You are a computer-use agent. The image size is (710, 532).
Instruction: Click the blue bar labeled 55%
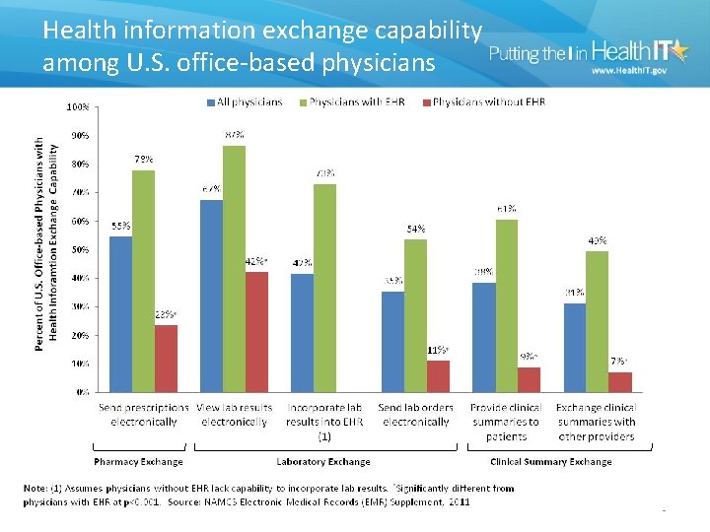click(120, 313)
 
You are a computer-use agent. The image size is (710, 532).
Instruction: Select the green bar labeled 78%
click(143, 281)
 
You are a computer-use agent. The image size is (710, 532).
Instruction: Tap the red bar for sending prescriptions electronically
click(166, 358)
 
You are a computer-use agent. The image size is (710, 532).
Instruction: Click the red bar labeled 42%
click(256, 331)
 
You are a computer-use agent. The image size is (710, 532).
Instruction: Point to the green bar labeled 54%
click(415, 315)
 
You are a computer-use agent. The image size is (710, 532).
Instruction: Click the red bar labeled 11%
click(438, 375)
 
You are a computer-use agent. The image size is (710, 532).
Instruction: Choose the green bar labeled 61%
click(506, 305)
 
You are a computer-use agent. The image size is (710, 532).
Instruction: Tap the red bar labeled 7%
click(620, 381)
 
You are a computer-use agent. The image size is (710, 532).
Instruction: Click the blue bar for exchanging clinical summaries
click(574, 347)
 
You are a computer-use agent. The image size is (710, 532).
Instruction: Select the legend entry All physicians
click(246, 101)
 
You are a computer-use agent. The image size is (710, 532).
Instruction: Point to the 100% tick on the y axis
click(76, 105)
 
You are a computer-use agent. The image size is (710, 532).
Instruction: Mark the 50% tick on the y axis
click(78, 249)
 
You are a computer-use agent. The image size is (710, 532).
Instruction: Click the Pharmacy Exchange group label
click(138, 461)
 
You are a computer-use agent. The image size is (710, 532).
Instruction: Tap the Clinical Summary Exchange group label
click(550, 461)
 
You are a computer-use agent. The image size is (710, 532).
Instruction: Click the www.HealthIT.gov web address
click(628, 71)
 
